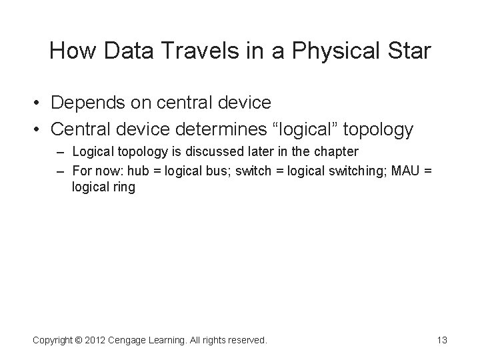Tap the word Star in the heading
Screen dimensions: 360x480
coord(409,51)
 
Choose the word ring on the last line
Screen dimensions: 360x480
coord(123,187)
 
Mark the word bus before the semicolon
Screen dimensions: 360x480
coord(211,171)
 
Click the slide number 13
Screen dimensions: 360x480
coord(441,341)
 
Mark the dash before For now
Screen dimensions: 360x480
coord(61,171)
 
